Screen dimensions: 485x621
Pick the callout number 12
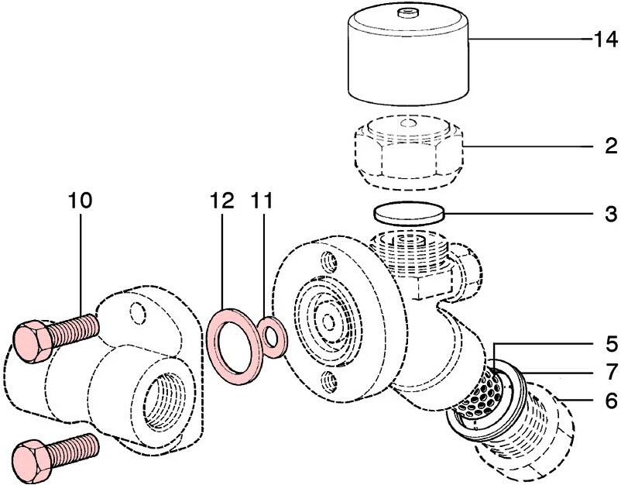[221, 201]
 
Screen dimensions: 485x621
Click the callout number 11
[262, 201]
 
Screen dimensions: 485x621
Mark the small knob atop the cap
[405, 13]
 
